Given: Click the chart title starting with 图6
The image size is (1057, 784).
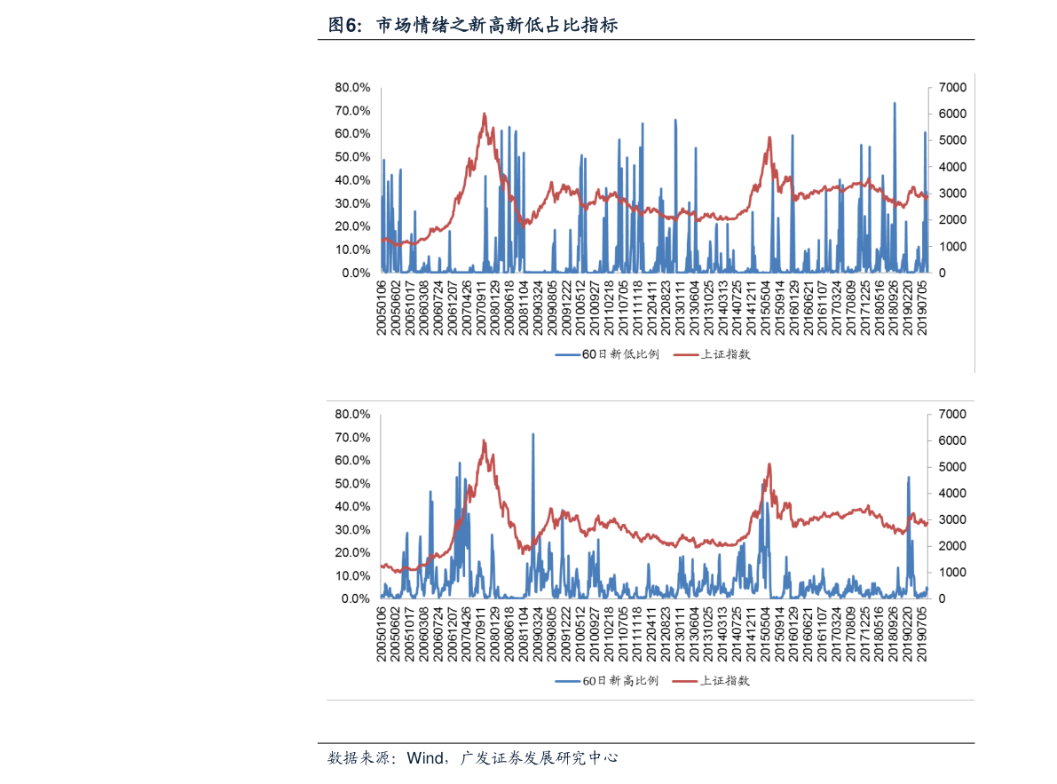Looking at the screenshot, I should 472,26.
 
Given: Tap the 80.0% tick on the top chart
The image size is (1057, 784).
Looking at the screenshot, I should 352,88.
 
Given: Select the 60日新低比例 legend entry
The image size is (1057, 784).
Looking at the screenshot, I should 608,354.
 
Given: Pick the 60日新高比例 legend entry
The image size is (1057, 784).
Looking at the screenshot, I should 608,681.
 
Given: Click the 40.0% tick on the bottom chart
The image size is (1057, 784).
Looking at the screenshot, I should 352,507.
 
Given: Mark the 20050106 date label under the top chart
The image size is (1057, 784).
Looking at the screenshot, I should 382,307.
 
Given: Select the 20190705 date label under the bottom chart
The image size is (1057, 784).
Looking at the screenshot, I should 924,634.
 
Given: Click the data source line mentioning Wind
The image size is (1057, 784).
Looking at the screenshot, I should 472,758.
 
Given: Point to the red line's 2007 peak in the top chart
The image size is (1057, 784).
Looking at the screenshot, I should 485,114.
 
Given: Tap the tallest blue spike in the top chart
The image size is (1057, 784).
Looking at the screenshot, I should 894,103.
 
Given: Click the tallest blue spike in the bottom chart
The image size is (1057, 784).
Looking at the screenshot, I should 532,434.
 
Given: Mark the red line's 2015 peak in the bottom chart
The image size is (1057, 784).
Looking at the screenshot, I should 769,464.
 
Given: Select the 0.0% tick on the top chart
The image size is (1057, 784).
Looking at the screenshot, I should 356,273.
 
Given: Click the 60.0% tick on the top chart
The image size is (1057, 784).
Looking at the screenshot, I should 352,134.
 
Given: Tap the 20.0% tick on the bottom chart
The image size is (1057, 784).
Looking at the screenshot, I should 352,553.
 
